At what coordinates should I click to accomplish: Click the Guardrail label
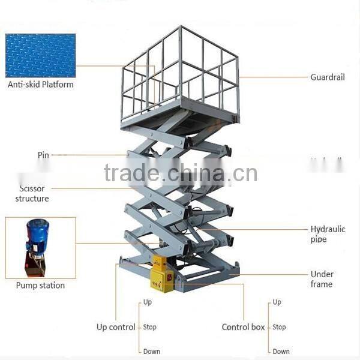327,77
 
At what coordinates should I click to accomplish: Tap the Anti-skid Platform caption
41,85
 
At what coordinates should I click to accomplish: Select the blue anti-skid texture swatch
40,55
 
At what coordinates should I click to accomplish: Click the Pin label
43,155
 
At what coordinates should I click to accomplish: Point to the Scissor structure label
32,193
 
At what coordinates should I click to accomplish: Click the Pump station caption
40,285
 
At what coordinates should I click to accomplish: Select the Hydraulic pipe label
327,234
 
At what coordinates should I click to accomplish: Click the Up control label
116,327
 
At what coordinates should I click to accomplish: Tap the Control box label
244,327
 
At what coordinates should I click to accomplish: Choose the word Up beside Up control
148,302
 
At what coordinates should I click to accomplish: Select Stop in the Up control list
149,327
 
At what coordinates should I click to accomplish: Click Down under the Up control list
151,352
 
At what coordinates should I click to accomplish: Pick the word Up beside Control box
277,302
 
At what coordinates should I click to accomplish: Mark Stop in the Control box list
279,327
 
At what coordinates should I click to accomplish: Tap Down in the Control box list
281,352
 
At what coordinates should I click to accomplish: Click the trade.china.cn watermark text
180,173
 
